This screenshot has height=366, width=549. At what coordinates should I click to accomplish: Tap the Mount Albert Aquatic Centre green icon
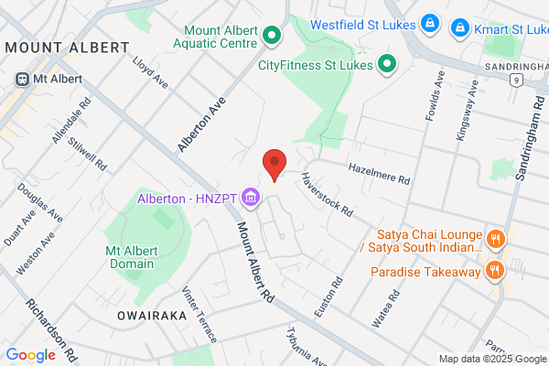tap(271, 37)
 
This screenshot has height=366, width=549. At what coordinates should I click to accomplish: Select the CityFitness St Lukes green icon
tap(387, 64)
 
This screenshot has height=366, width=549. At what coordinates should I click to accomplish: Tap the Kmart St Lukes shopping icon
tap(462, 29)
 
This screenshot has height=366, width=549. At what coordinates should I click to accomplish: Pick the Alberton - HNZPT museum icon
tap(251, 198)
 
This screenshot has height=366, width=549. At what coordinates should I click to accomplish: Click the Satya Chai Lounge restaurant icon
tap(496, 240)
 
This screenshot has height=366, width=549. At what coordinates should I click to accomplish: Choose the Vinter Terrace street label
tap(200, 314)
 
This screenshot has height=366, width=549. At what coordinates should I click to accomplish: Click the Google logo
tap(30, 355)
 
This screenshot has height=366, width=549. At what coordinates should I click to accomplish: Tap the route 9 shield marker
tap(517, 81)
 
